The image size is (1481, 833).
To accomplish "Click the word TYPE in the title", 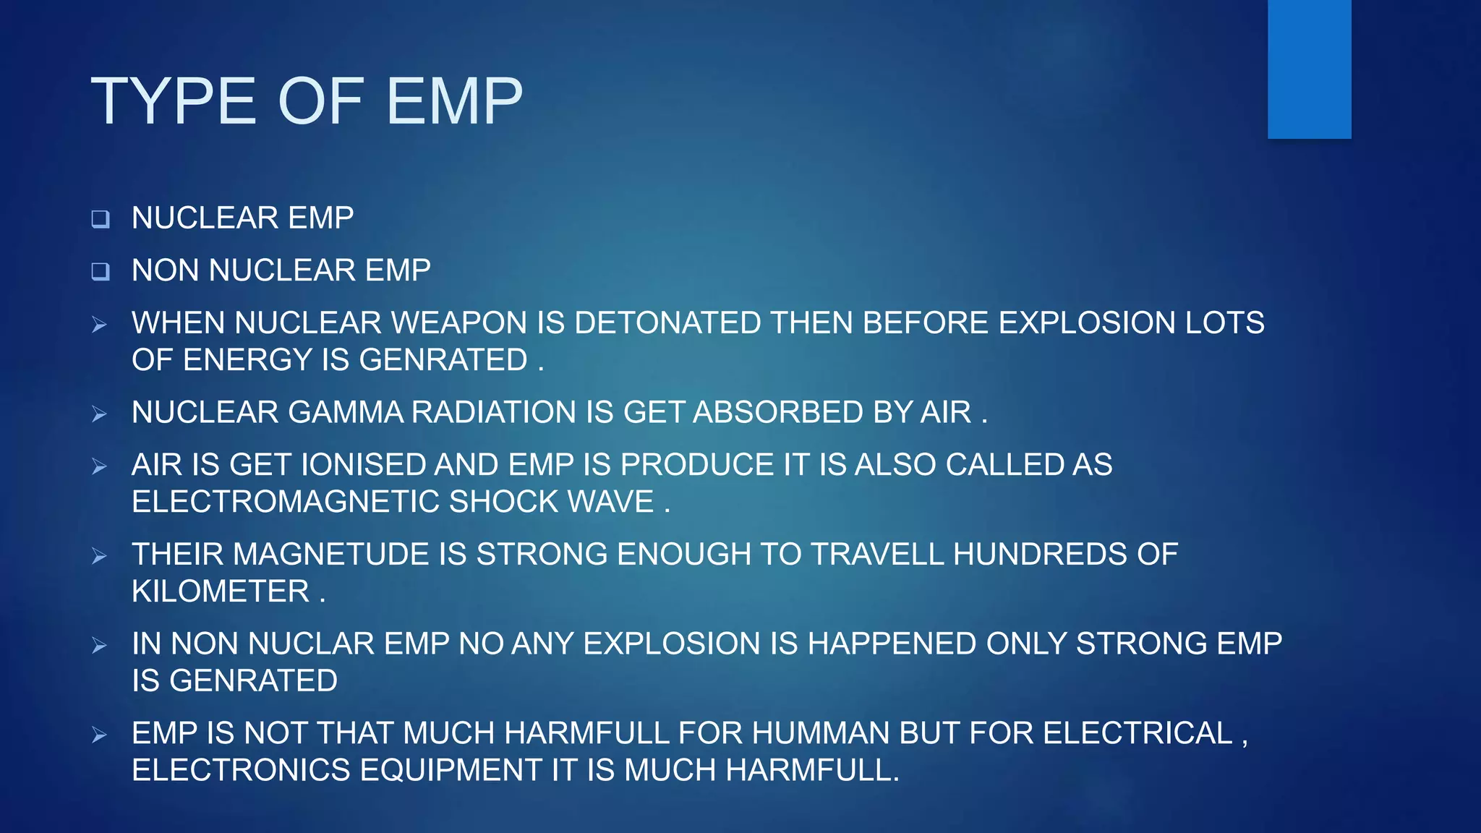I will point(174,101).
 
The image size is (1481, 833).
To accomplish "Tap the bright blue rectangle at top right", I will point(1309,69).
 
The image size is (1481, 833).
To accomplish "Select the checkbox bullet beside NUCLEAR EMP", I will point(101,219).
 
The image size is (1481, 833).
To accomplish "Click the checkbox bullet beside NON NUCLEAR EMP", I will point(101,272).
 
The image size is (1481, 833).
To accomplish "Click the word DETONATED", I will point(667,322).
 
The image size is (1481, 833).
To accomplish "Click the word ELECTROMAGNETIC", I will point(286,502).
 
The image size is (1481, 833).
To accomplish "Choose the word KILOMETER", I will point(221,591).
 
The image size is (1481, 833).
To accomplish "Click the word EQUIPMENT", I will point(451,770).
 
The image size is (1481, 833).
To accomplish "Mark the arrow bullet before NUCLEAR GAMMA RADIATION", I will point(100,414).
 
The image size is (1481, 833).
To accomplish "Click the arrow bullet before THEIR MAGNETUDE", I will point(100,556).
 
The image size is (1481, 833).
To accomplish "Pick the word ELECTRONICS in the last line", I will point(241,770).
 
